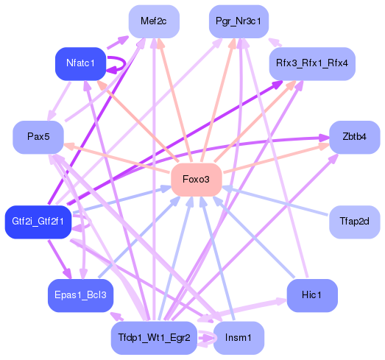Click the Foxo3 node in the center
197,180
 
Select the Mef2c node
154,22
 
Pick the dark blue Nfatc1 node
81,63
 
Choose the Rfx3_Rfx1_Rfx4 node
312,63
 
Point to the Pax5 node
38,137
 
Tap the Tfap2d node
354,221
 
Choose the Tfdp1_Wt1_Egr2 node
154,338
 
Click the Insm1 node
239,338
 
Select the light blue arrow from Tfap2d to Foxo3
280,202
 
